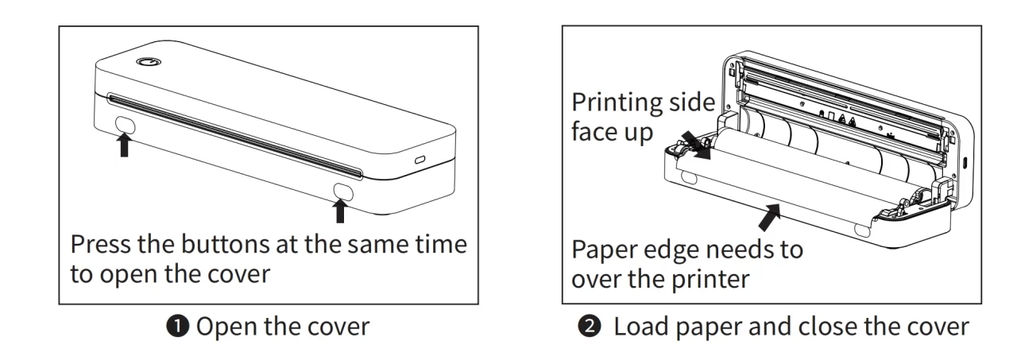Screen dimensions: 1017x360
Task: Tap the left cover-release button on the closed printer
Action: tap(126, 125)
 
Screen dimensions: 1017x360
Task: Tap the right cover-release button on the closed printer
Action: tap(343, 192)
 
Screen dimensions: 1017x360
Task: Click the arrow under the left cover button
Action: tap(124, 145)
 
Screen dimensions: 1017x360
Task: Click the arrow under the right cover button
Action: tap(340, 211)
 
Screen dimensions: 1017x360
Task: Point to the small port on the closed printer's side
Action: tap(420, 160)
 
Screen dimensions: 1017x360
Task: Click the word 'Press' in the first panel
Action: tap(101, 244)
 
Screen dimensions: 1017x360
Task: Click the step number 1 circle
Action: tap(177, 326)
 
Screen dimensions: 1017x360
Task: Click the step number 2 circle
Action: tap(590, 326)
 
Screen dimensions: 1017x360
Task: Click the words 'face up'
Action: tap(612, 132)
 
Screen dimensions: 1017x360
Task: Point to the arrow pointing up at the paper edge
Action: tap(769, 217)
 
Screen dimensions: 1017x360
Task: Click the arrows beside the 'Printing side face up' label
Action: tap(696, 145)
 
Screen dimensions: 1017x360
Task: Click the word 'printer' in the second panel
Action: tap(710, 280)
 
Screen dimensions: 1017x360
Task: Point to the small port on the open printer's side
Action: tap(965, 162)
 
